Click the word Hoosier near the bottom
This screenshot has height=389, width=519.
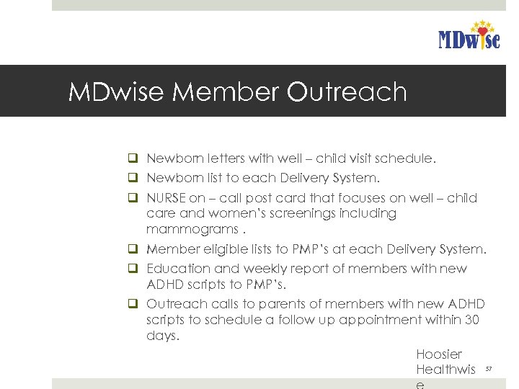[x=438, y=354]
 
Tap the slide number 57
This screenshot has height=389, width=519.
[x=488, y=370]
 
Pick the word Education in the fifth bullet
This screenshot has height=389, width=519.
[x=178, y=269]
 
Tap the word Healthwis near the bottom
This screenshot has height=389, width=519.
[x=445, y=370]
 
